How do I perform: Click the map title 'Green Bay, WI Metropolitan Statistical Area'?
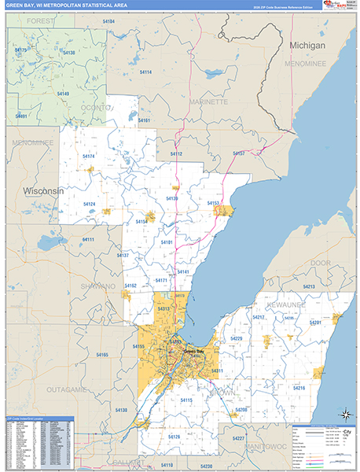[x=66, y=7]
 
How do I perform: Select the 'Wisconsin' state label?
[x=43, y=191]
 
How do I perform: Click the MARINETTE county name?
[x=208, y=101]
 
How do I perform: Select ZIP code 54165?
[x=102, y=355]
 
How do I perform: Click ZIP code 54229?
[x=236, y=338]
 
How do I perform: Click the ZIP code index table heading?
[x=39, y=419]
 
